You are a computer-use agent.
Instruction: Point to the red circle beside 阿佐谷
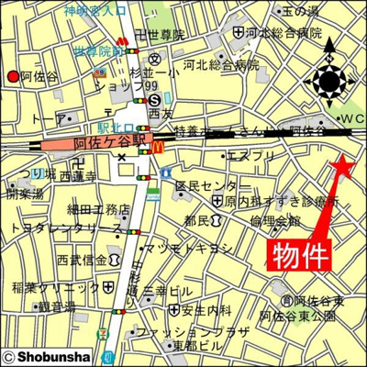pyautogui.click(x=12, y=76)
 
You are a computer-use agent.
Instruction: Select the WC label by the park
pyautogui.click(x=350, y=119)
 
